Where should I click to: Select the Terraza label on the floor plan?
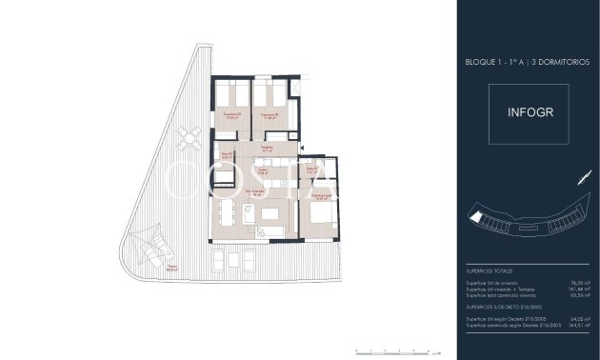pyautogui.click(x=171, y=269)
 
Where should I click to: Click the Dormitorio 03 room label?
pyautogui.click(x=231, y=115)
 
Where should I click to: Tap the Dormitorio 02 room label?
pyautogui.click(x=270, y=115)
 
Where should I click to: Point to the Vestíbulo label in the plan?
pyautogui.click(x=269, y=148)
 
